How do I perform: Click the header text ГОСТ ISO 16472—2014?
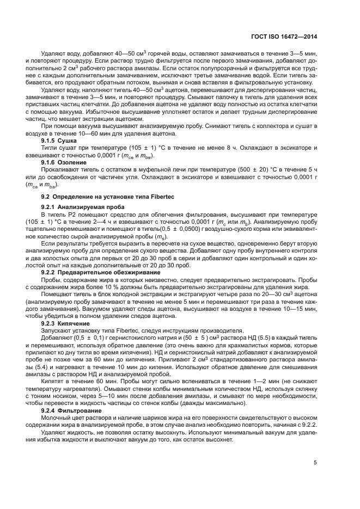[288, 36]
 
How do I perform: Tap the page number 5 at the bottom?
[315, 463]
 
